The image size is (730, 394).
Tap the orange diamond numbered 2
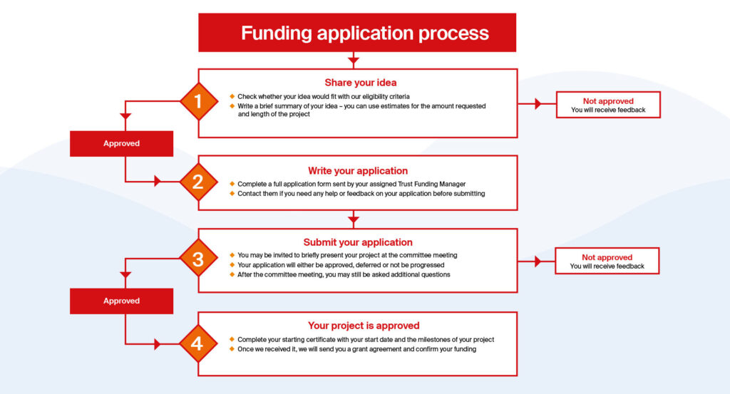[x=197, y=181]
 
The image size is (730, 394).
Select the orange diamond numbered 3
[x=197, y=259]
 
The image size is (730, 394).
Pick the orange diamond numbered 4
[x=197, y=344]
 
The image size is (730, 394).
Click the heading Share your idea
[x=361, y=83]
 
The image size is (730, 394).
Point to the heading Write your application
[x=358, y=171]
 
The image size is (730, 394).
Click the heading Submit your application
[x=358, y=242]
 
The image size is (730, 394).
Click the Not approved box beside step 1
[x=607, y=105]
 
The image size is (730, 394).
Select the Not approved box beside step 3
[x=607, y=261]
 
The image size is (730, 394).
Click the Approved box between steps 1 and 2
[x=121, y=143]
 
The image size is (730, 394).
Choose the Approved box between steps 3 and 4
[x=121, y=301]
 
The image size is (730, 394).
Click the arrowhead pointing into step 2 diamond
[x=158, y=181]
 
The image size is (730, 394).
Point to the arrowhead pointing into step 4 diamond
[x=158, y=344]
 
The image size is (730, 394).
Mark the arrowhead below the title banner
[x=354, y=61]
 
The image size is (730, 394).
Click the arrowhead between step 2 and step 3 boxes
[x=354, y=220]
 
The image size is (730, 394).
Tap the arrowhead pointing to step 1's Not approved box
[x=538, y=104]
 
